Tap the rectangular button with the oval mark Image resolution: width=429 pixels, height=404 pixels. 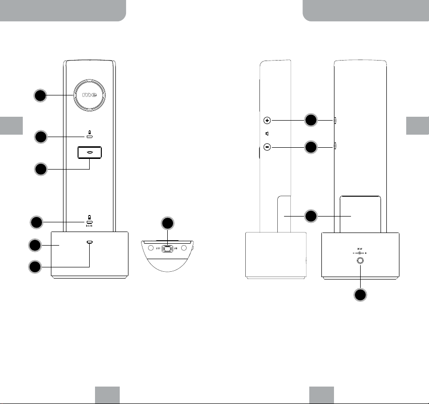click(90, 152)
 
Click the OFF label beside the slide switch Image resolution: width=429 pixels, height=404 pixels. click(158, 249)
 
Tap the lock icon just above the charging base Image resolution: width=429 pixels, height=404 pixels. click(90, 218)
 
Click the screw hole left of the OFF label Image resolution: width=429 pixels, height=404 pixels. click(150, 248)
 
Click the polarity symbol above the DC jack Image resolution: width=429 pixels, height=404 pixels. click(359, 252)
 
